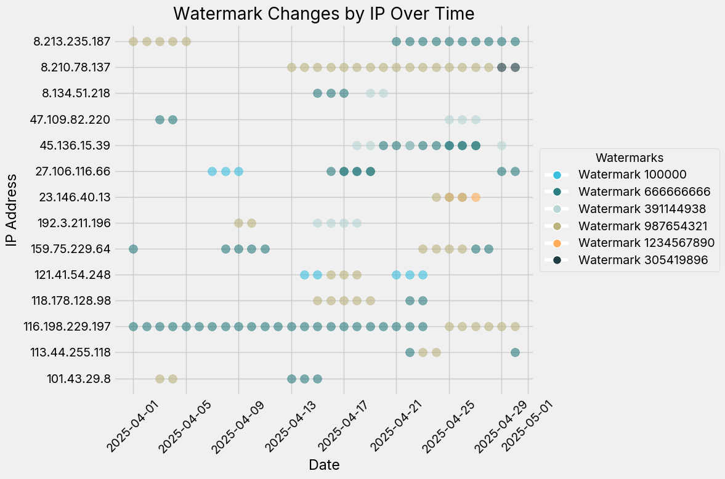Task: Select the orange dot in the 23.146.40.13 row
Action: click(x=476, y=197)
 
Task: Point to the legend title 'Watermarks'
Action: click(x=629, y=158)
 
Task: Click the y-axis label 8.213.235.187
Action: click(x=72, y=42)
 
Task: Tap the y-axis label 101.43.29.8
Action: click(x=79, y=379)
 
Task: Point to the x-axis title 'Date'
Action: click(x=324, y=465)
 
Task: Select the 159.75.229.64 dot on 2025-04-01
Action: click(x=133, y=249)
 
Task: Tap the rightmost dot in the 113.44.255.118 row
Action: click(x=515, y=352)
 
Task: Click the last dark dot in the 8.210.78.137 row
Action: click(x=515, y=68)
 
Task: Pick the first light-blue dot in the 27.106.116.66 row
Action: click(x=212, y=171)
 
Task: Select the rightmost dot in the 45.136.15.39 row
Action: click(x=502, y=145)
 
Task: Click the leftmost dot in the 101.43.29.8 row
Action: click(x=160, y=379)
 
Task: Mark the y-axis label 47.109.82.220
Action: click(x=72, y=119)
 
